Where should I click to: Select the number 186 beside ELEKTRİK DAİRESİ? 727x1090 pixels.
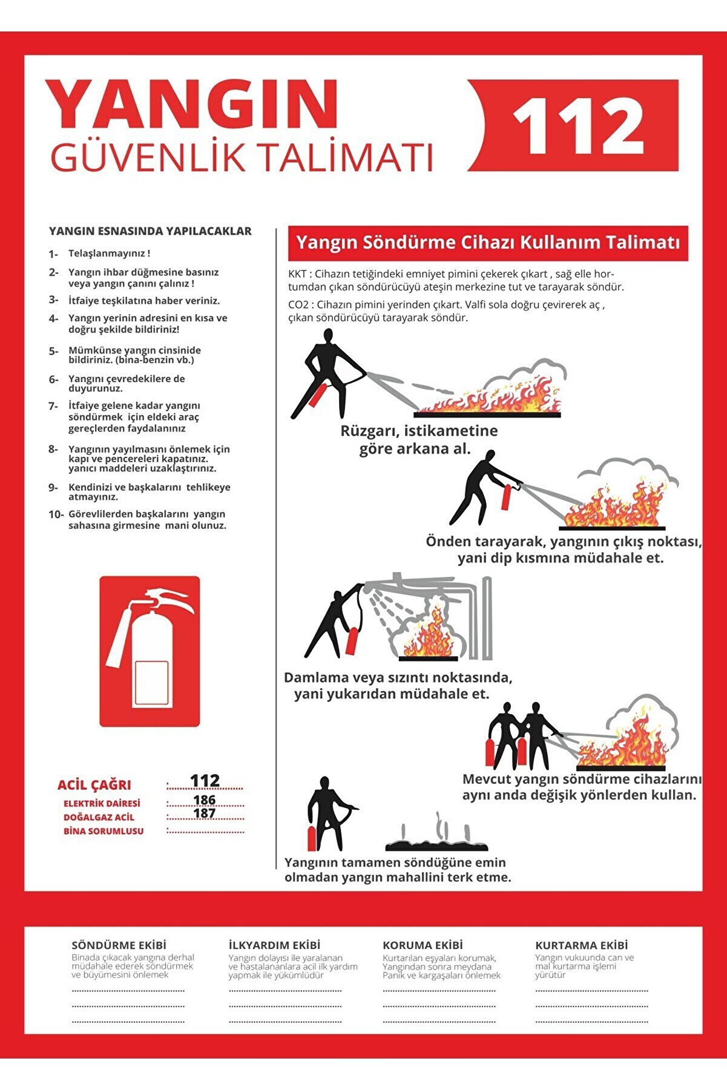pyautogui.click(x=205, y=800)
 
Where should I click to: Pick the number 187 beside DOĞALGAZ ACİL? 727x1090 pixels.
pyautogui.click(x=205, y=813)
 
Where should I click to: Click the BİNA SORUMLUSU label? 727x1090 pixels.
pyautogui.click(x=104, y=831)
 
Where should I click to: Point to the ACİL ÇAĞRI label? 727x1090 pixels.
pyautogui.click(x=94, y=785)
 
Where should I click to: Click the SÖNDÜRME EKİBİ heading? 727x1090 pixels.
pyautogui.click(x=119, y=945)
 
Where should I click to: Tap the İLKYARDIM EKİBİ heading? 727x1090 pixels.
pyautogui.click(x=274, y=945)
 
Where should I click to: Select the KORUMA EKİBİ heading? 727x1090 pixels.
pyautogui.click(x=423, y=945)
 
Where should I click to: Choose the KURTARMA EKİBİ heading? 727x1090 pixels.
pyautogui.click(x=581, y=945)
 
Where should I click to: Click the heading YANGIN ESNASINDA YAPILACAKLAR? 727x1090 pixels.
pyautogui.click(x=150, y=231)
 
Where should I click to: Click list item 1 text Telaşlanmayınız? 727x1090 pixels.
pyautogui.click(x=109, y=254)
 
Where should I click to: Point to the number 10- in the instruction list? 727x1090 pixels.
pyautogui.click(x=56, y=514)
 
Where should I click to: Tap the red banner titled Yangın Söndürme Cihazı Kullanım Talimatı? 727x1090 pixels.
pyautogui.click(x=488, y=243)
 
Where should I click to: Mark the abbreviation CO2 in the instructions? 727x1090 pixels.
pyautogui.click(x=298, y=305)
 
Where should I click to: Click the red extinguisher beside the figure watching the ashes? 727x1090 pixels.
pyautogui.click(x=312, y=838)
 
